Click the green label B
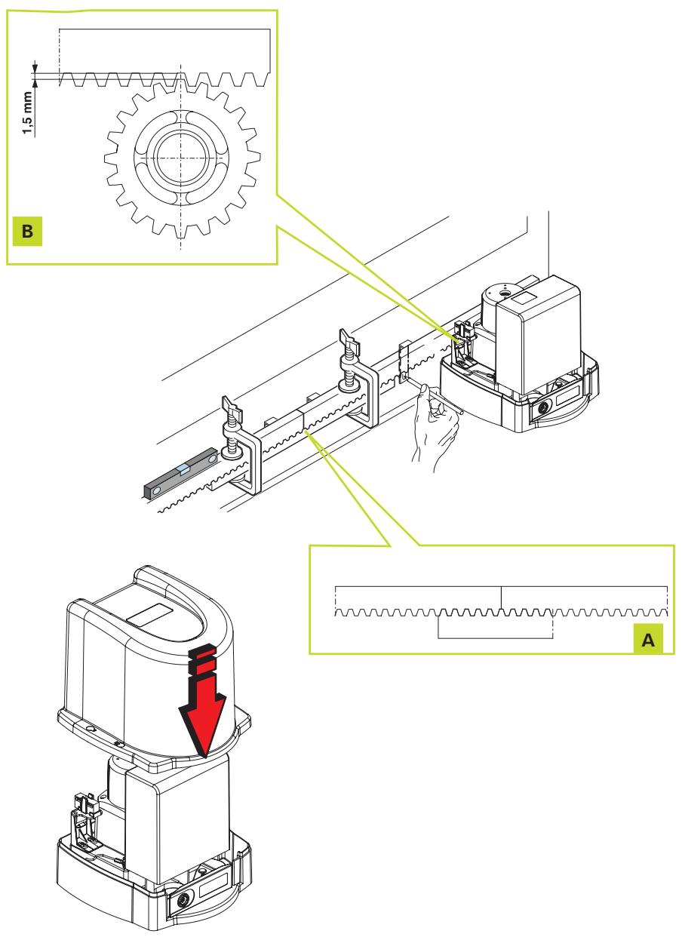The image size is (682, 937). pyautogui.click(x=27, y=231)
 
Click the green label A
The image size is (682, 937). pyautogui.click(x=648, y=640)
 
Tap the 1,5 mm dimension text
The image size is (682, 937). pyautogui.click(x=27, y=113)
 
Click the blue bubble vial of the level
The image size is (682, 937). pyautogui.click(x=183, y=468)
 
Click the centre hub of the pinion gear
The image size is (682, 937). pyautogui.click(x=181, y=158)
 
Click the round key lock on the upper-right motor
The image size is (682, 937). pyautogui.click(x=543, y=407)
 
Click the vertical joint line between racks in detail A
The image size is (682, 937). pyautogui.click(x=501, y=598)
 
